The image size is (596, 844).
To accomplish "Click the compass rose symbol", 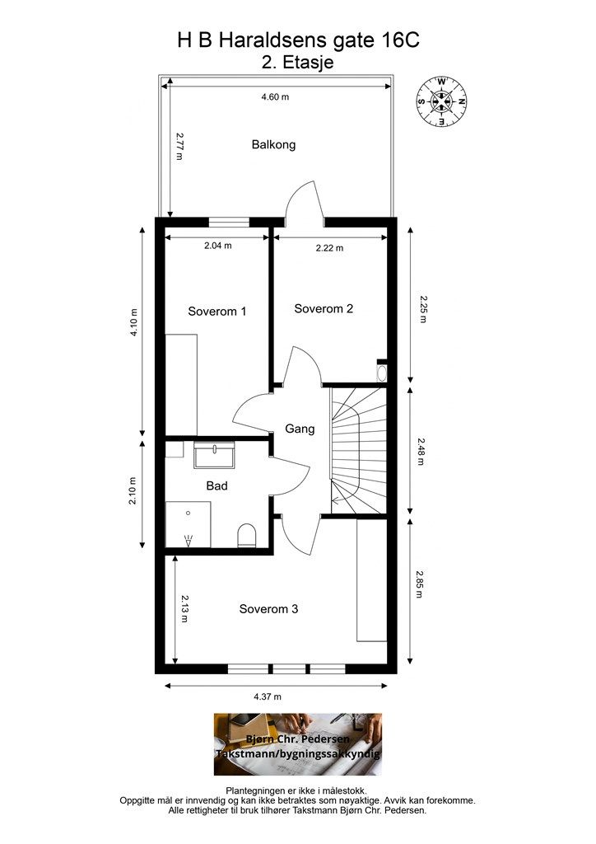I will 442,102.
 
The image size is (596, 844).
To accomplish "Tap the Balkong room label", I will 273,144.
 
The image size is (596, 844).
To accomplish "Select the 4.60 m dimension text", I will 275,97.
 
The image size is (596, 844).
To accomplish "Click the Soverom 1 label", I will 217,312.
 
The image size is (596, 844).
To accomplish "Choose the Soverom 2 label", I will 324,309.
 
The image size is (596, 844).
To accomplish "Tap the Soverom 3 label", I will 268,609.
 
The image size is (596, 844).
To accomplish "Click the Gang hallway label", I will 300,429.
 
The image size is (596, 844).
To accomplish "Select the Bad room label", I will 217,486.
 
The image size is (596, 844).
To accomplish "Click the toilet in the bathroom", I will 247,537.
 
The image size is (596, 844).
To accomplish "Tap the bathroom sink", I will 214,455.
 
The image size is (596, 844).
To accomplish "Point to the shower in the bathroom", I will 189,524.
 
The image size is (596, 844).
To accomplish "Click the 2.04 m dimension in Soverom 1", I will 217,246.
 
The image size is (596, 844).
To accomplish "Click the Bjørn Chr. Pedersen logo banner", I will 298,744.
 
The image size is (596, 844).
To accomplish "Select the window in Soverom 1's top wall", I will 229,221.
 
